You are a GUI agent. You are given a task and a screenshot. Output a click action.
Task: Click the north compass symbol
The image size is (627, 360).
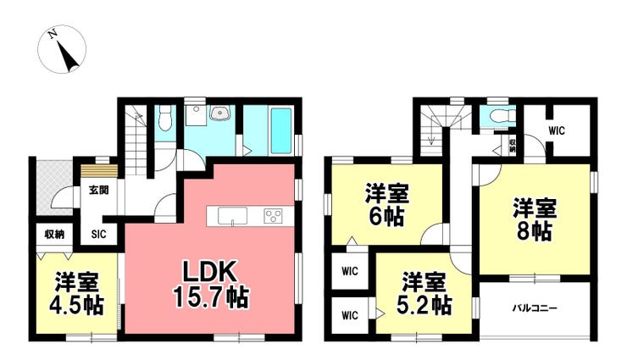click(62, 49)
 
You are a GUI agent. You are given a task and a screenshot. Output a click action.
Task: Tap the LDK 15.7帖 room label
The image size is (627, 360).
click(211, 284)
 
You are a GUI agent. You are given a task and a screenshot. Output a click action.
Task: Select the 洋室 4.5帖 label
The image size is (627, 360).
click(76, 294)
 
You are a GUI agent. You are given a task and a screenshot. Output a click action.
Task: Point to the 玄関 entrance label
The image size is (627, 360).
click(99, 190)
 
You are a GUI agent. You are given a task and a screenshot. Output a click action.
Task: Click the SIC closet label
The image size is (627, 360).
click(99, 234)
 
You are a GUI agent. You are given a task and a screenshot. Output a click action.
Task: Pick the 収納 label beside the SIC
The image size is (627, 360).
click(54, 234)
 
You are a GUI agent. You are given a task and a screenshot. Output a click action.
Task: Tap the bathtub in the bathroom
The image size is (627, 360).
click(281, 131)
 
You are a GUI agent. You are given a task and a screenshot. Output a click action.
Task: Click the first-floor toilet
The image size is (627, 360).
click(164, 118)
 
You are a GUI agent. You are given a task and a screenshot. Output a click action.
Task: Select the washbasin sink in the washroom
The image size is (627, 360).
click(219, 113)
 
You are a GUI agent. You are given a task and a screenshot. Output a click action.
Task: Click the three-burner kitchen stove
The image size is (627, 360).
click(273, 216)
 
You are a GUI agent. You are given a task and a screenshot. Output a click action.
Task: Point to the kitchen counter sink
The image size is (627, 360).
click(232, 217)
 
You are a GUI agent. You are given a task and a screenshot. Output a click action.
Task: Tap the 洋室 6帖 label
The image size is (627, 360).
click(386, 205)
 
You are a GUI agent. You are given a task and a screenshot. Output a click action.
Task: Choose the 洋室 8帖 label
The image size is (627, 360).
click(535, 219)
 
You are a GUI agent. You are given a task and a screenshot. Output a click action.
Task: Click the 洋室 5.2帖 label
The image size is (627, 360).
click(424, 294)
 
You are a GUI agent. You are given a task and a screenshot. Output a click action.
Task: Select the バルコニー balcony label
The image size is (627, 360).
click(535, 308)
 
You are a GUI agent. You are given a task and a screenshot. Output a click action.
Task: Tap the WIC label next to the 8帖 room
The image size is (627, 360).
click(556, 130)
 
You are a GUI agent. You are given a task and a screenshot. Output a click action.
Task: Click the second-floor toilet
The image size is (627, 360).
click(500, 115)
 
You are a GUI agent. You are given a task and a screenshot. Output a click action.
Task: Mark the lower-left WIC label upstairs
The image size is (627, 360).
click(350, 316)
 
